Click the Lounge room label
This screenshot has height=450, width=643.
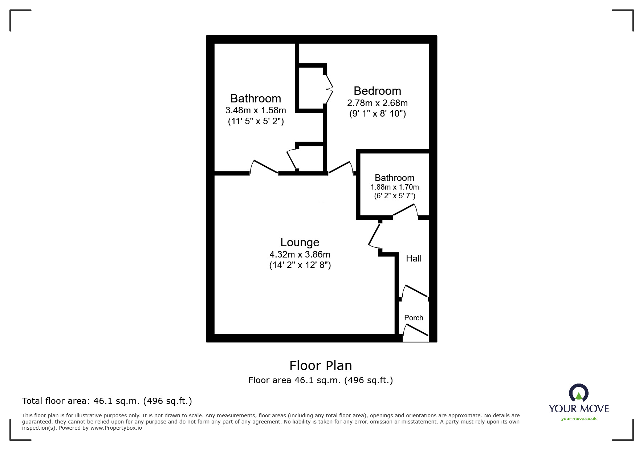(x=300, y=242)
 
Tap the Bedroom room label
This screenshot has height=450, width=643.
(x=377, y=91)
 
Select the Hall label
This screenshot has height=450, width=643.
(x=414, y=258)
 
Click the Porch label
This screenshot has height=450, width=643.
(x=414, y=318)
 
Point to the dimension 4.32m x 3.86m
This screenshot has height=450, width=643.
(x=300, y=254)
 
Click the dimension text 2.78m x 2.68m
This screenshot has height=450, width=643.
(x=377, y=103)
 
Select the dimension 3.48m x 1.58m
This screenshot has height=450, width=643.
(x=256, y=110)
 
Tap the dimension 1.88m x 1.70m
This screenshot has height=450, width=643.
(x=394, y=187)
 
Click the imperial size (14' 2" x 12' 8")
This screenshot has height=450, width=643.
(x=300, y=265)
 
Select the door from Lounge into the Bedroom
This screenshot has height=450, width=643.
(x=341, y=167)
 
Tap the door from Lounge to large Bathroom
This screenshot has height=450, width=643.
(x=264, y=167)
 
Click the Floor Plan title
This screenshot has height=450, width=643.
(x=321, y=365)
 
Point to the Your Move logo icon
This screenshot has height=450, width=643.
(x=578, y=393)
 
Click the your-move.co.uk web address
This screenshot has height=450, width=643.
(x=579, y=419)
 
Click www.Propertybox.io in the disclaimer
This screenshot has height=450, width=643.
(x=116, y=428)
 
